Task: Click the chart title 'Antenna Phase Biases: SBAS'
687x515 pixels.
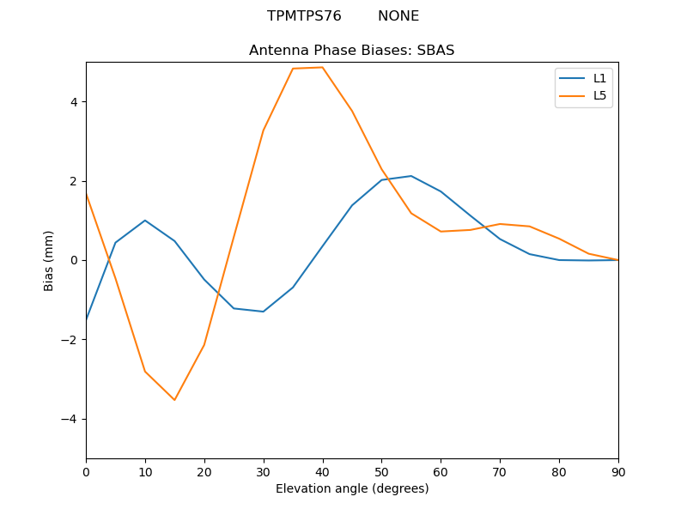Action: (351, 50)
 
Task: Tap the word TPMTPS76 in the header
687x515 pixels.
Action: (304, 16)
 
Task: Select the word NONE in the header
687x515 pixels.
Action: (398, 16)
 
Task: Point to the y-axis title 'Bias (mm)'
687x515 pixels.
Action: (49, 260)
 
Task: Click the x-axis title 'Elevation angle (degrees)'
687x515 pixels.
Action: (351, 488)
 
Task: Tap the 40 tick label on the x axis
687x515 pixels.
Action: (322, 471)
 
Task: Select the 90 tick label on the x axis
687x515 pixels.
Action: (618, 471)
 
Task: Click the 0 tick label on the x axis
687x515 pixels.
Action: (86, 471)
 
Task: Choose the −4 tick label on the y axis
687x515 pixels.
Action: (71, 419)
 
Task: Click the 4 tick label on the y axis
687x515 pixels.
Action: (74, 102)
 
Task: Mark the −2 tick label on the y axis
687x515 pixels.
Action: (71, 340)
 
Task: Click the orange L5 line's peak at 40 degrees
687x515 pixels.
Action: (322, 67)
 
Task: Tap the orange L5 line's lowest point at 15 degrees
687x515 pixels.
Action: (174, 400)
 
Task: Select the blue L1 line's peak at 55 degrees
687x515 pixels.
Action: (411, 176)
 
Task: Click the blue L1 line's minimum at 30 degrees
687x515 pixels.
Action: (263, 312)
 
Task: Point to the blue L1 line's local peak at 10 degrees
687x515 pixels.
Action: (145, 221)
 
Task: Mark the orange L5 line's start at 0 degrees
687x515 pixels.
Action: (86, 195)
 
